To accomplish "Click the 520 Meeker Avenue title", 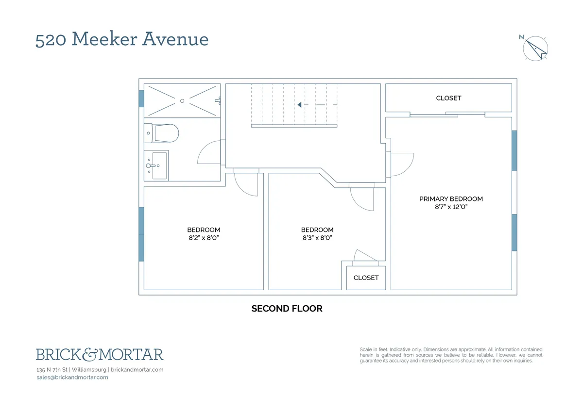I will pos(122,39).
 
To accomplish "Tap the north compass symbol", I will pos(535,48).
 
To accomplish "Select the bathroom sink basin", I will pos(159,165).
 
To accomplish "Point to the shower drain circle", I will pos(182,101).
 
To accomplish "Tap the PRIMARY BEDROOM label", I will pos(451,199).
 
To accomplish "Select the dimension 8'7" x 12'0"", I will pos(451,207).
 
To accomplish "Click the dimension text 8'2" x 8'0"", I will pos(204,238).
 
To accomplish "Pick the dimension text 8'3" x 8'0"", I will pos(317,238).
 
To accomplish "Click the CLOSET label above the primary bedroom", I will pos(448,98).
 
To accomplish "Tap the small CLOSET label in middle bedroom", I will pos(366,278).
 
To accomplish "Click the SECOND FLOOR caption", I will pos(287,309).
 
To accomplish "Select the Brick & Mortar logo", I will pos(100,355).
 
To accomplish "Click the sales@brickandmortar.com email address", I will pos(72,377).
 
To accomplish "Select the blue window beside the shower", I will pos(141,99).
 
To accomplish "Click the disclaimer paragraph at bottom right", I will pos(451,355).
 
